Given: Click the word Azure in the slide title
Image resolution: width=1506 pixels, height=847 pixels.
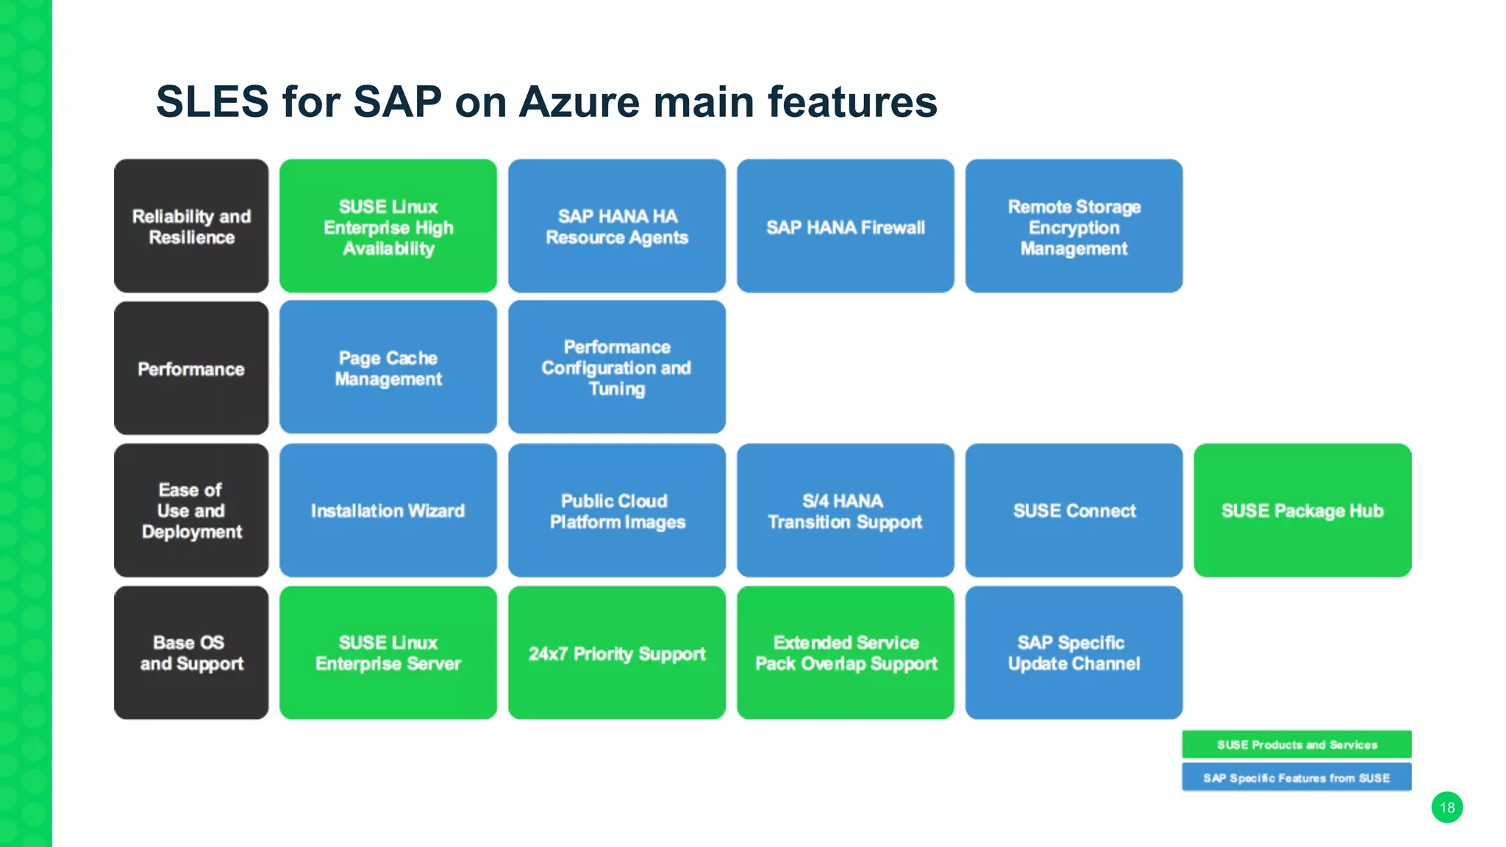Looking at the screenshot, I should click(x=580, y=101).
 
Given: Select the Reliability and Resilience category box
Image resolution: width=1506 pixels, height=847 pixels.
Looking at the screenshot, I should click(x=191, y=226).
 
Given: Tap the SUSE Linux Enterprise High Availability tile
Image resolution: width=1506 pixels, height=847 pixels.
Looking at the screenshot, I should click(x=388, y=226).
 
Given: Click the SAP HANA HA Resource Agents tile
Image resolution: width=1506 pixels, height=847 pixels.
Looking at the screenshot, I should click(x=616, y=226).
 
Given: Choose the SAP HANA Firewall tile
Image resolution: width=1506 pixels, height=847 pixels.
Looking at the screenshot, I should click(x=845, y=226).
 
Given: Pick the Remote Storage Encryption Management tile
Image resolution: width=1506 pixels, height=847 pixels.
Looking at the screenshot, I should click(x=1074, y=226).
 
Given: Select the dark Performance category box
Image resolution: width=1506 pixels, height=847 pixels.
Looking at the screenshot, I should click(x=191, y=368).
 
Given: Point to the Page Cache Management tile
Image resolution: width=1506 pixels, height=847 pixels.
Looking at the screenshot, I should click(x=388, y=368).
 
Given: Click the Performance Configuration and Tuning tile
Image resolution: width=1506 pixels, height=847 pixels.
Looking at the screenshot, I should click(x=616, y=368).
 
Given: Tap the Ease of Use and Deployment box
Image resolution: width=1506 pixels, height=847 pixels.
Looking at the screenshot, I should click(x=191, y=510).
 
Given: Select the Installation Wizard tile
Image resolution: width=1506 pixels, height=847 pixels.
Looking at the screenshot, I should click(x=388, y=510).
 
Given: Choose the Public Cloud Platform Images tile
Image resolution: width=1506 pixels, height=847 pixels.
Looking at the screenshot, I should click(x=616, y=510).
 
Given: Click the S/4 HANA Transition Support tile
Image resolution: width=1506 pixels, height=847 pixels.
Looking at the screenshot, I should click(x=845, y=510).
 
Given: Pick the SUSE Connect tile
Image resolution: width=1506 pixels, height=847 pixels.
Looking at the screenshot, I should click(x=1074, y=510).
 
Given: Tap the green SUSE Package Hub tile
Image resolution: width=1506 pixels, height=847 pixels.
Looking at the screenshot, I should click(x=1302, y=510).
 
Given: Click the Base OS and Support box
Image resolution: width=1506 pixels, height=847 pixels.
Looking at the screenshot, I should click(x=191, y=653).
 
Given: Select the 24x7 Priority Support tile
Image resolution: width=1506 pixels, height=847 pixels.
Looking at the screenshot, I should click(x=616, y=653).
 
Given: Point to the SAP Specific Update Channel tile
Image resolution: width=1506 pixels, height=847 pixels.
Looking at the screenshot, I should click(x=1074, y=653).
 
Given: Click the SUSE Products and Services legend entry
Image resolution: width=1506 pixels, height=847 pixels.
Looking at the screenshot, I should click(x=1296, y=744).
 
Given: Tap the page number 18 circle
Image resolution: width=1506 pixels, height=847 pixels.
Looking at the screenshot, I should click(x=1446, y=807).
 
